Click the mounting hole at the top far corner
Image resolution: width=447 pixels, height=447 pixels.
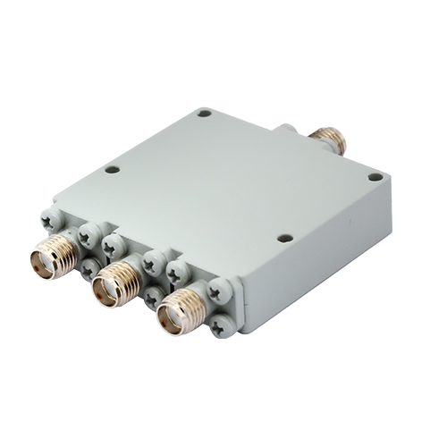click(x=205, y=114)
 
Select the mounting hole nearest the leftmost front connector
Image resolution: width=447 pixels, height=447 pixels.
click(x=112, y=168)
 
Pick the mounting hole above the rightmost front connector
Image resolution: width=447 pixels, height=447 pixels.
click(x=284, y=238)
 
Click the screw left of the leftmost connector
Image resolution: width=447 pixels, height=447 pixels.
click(x=47, y=218)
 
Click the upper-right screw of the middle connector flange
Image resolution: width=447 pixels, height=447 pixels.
click(x=153, y=262)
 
